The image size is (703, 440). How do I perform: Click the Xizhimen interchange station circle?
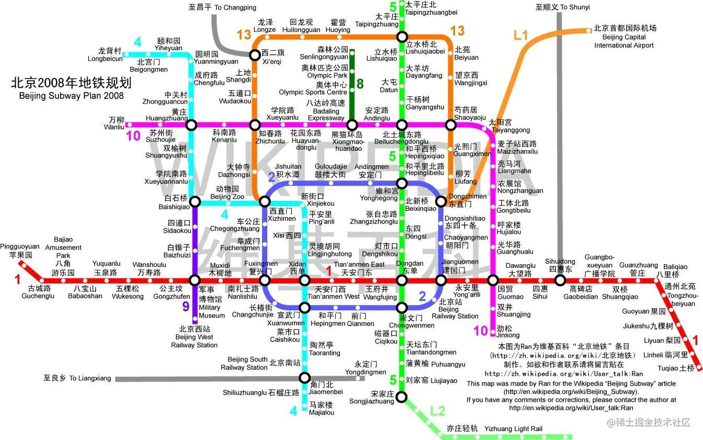click(x=265, y=202)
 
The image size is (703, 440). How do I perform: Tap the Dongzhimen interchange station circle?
click(x=441, y=201)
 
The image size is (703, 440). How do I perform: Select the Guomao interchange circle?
click(x=492, y=280)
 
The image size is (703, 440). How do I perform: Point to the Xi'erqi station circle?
click(x=254, y=53)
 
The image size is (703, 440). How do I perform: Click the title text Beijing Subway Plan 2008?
click(x=71, y=96)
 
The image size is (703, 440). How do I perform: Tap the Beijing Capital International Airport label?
click(x=624, y=37)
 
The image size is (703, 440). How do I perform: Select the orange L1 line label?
click(x=521, y=36)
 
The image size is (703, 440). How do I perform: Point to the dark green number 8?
click(x=360, y=83)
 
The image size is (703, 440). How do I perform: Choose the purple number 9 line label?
click(x=186, y=307)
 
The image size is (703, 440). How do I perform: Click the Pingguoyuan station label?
click(x=20, y=251)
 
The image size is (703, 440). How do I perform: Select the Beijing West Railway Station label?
click(x=194, y=337)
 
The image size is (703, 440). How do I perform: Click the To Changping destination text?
click(x=222, y=7)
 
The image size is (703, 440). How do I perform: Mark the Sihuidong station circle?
click(x=560, y=280)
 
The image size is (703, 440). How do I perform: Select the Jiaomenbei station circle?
click(x=305, y=378)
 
